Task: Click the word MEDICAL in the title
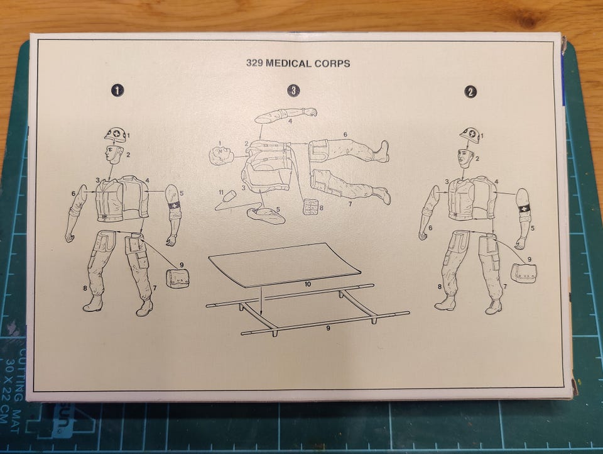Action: click(288, 63)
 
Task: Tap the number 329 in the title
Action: click(254, 63)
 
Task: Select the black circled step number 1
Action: click(117, 91)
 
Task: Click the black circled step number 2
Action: click(470, 92)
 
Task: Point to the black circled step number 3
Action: click(293, 91)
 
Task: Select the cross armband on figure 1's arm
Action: click(175, 206)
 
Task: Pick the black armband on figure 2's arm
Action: click(524, 209)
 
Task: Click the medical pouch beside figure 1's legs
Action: click(177, 277)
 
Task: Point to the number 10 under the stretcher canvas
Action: click(307, 285)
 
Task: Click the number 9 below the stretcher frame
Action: click(328, 328)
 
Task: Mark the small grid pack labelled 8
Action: click(310, 207)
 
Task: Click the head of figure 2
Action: click(465, 158)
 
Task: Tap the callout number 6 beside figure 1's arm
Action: click(73, 194)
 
